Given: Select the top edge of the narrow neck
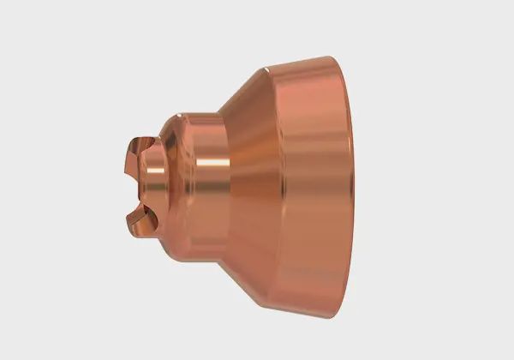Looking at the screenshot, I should [x=201, y=114].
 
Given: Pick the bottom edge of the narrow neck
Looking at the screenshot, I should [x=201, y=249].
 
